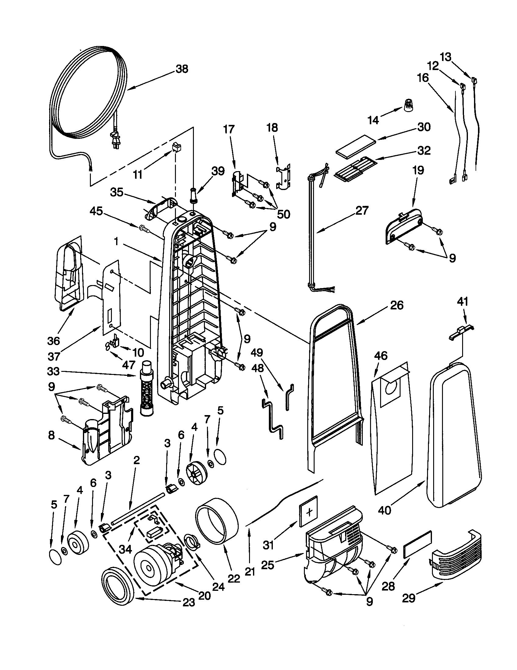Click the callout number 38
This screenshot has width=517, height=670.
[182, 69]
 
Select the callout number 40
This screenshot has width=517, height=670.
[384, 510]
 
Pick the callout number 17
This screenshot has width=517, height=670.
[229, 129]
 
